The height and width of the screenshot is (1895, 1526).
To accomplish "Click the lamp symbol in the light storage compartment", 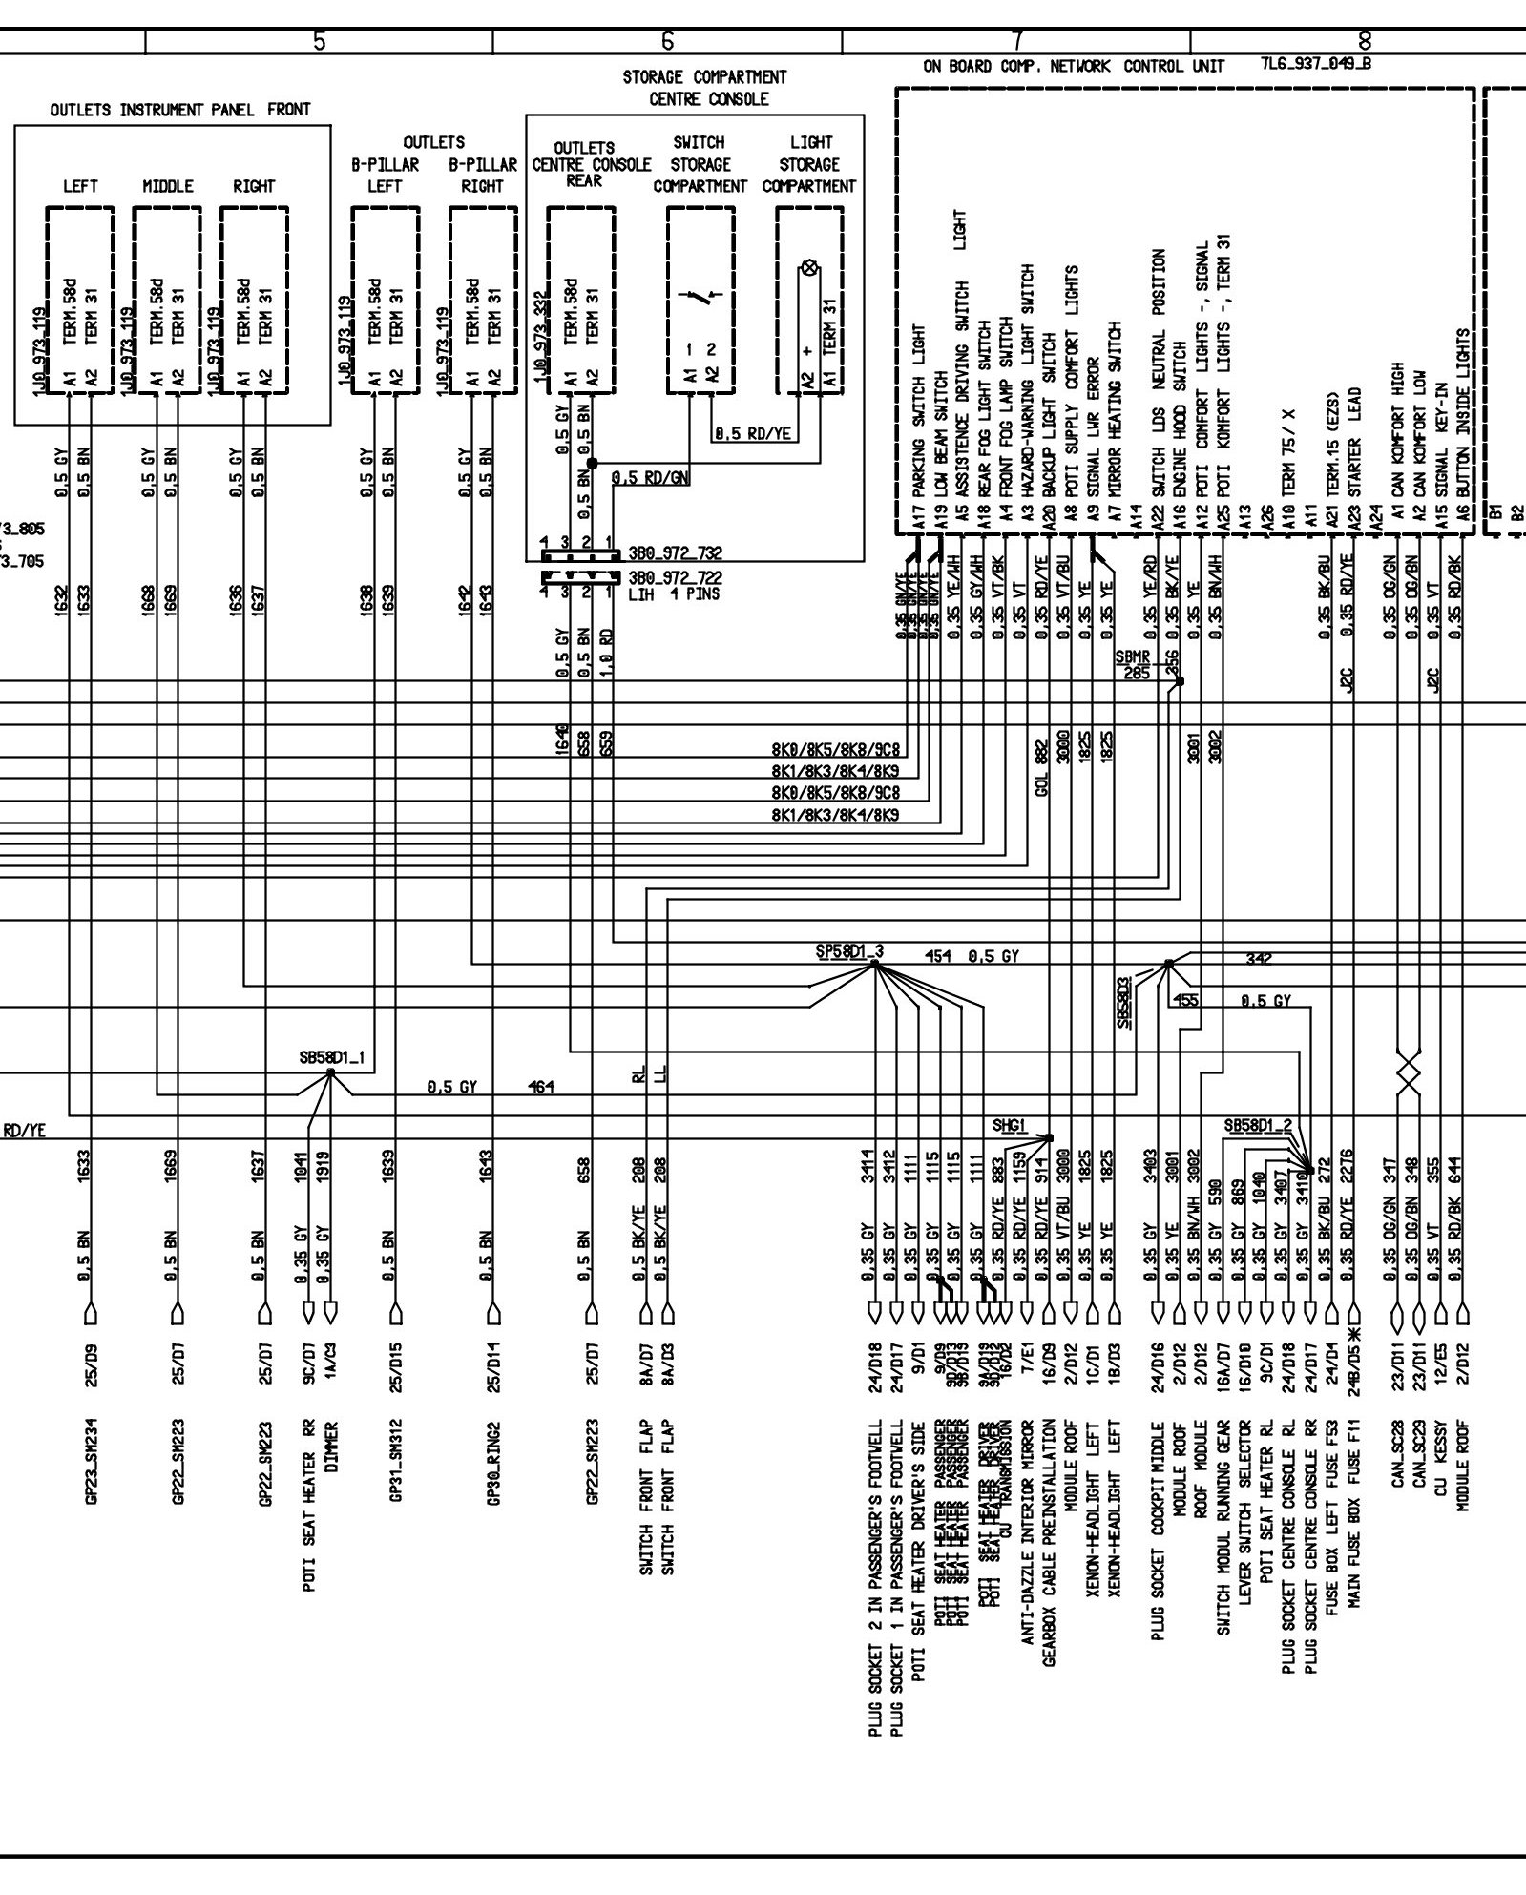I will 808,269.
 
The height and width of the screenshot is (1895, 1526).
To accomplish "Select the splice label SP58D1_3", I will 849,951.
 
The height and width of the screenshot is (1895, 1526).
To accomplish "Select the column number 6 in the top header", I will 667,41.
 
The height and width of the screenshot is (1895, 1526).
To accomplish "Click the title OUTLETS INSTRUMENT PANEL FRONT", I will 180,110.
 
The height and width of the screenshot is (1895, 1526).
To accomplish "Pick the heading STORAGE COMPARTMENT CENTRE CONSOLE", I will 704,87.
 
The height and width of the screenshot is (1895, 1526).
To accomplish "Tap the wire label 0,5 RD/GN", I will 650,477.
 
